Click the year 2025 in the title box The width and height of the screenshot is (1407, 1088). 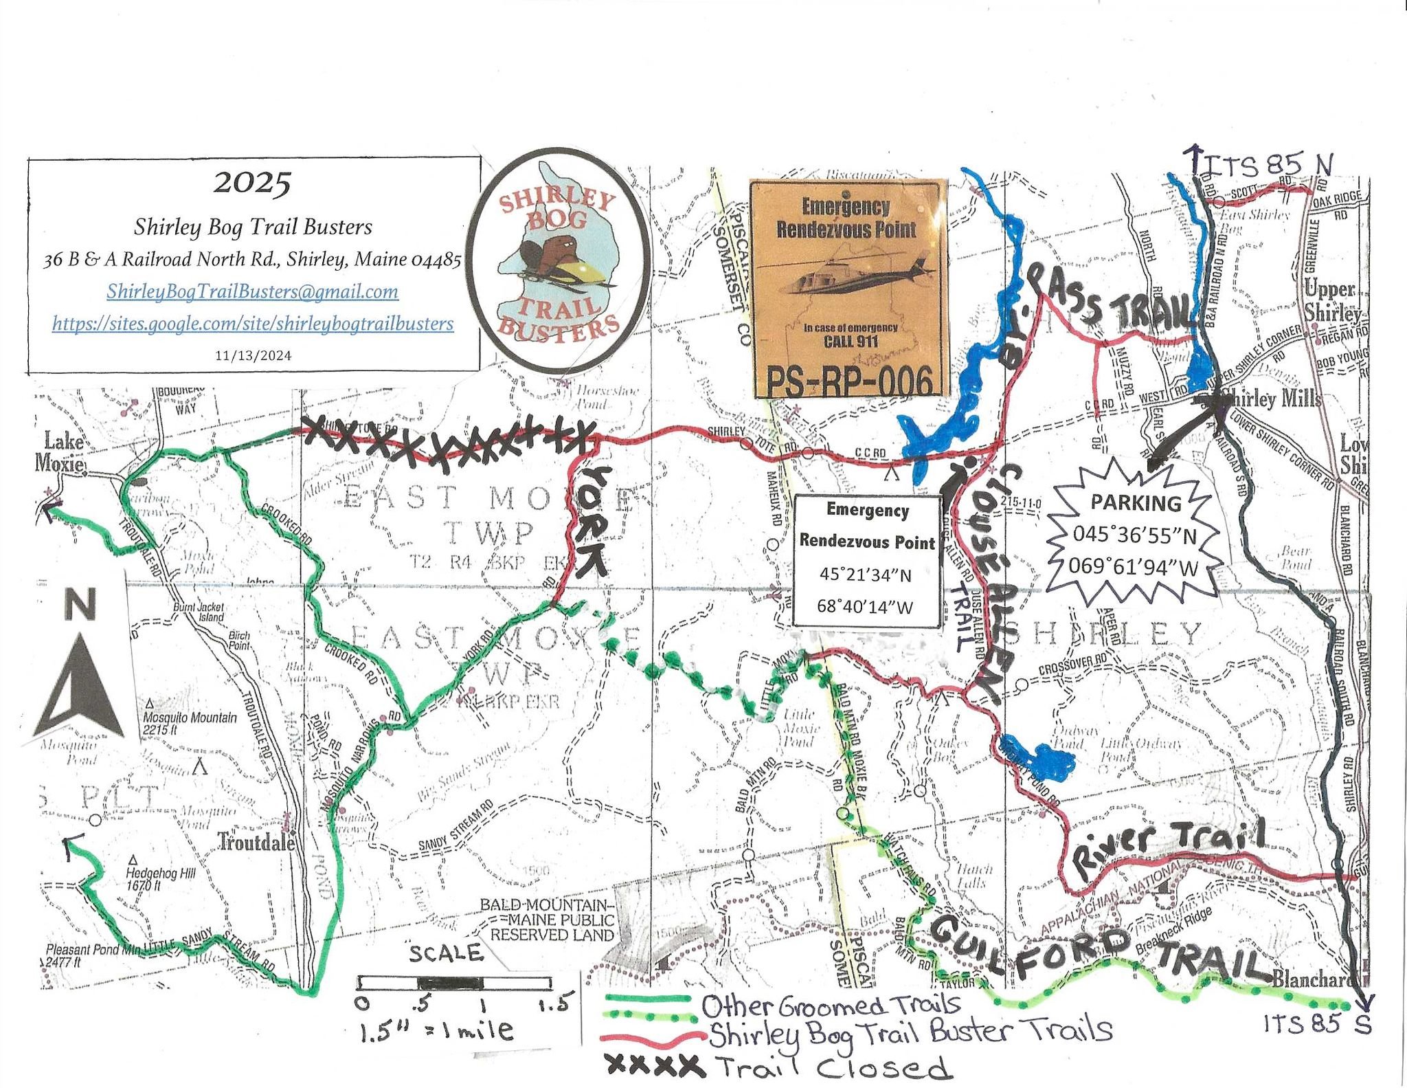pyautogui.click(x=253, y=184)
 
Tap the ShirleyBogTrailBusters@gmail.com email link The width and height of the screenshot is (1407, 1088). pyautogui.click(x=252, y=291)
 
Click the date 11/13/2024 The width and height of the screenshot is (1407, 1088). pyautogui.click(x=253, y=355)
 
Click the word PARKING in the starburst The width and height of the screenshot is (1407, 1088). pyautogui.click(x=1135, y=503)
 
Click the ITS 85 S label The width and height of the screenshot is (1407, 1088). pyautogui.click(x=1317, y=1024)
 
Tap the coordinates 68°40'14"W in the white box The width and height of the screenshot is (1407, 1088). pyautogui.click(x=865, y=606)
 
